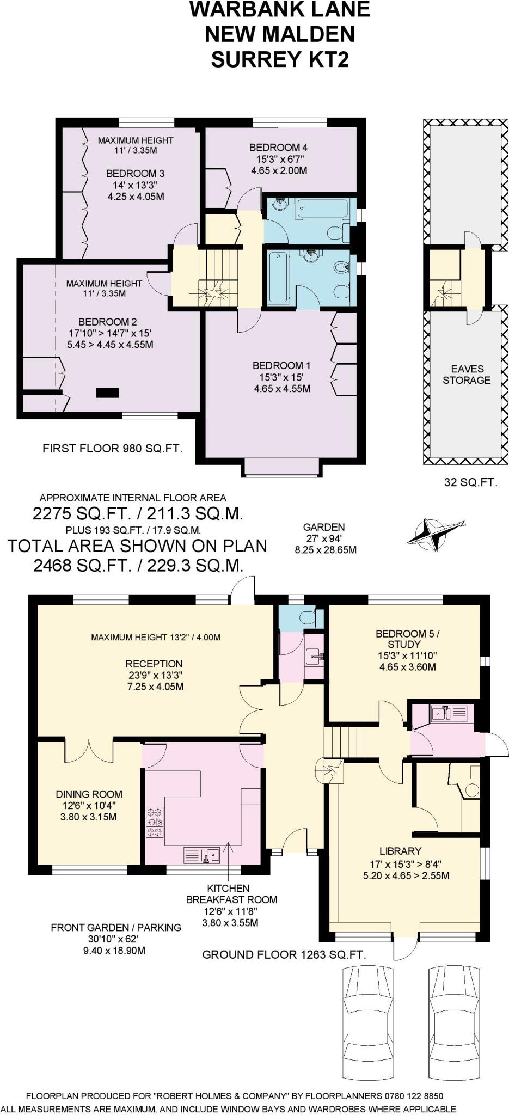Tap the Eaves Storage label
(x=467, y=374)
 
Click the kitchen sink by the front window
(x=202, y=855)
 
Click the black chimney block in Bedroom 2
(x=107, y=392)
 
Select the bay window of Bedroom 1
(x=281, y=468)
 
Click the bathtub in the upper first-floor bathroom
(x=321, y=209)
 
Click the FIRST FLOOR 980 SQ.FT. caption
(x=112, y=449)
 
